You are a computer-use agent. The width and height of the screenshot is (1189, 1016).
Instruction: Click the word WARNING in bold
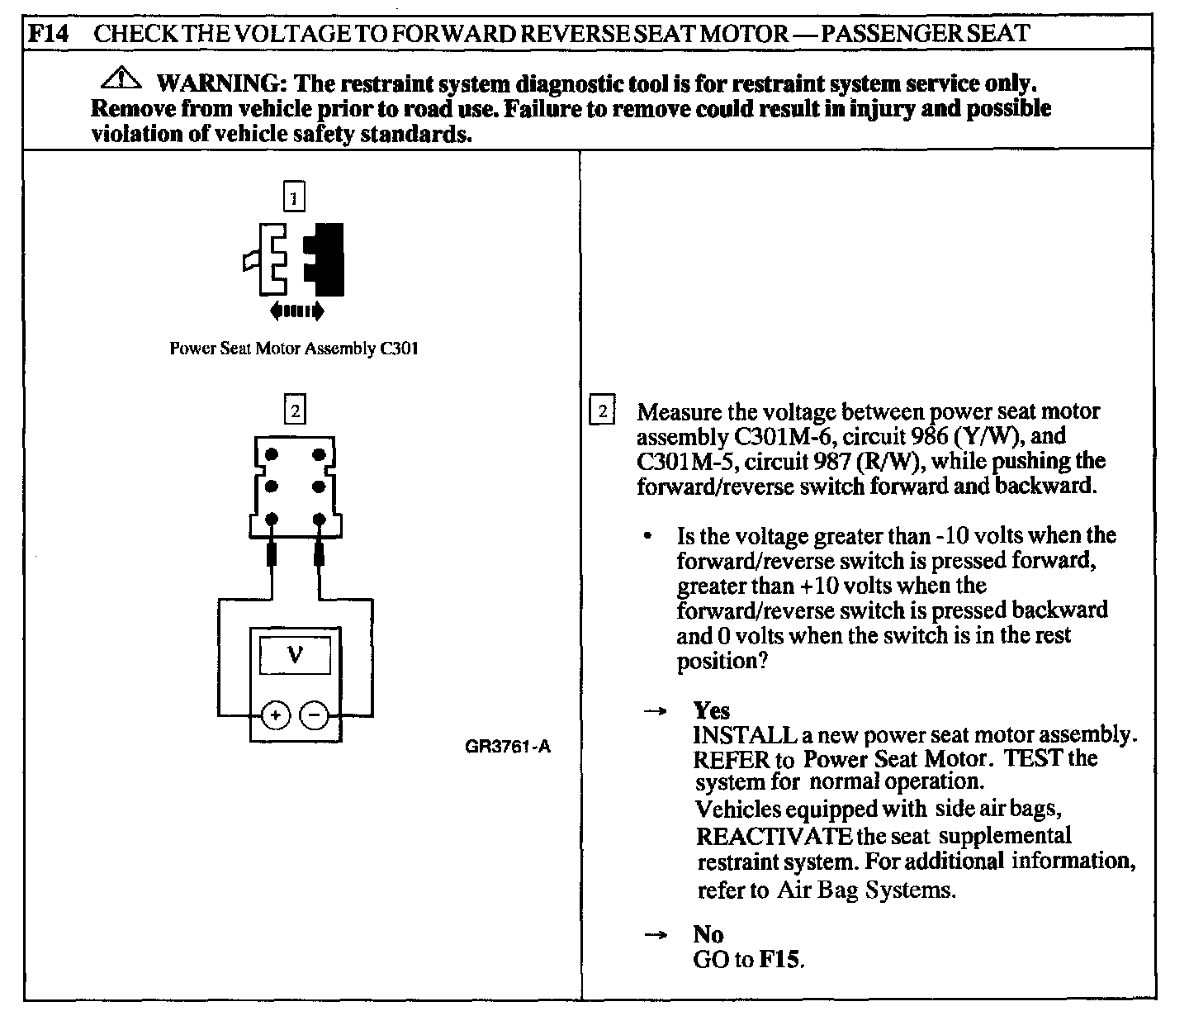[217, 83]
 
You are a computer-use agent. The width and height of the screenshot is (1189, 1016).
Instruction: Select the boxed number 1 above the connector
[293, 197]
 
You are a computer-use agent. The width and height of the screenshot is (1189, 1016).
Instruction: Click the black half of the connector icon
[327, 259]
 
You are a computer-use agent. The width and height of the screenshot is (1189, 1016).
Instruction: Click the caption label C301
[399, 349]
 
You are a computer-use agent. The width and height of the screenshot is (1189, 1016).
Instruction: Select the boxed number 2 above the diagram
[293, 410]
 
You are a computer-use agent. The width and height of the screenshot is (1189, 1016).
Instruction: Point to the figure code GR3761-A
[507, 748]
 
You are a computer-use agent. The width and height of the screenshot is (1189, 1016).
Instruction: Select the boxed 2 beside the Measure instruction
[603, 411]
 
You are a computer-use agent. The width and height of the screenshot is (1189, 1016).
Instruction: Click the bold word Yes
[712, 710]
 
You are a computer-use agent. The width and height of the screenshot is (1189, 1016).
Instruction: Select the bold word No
[708, 934]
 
